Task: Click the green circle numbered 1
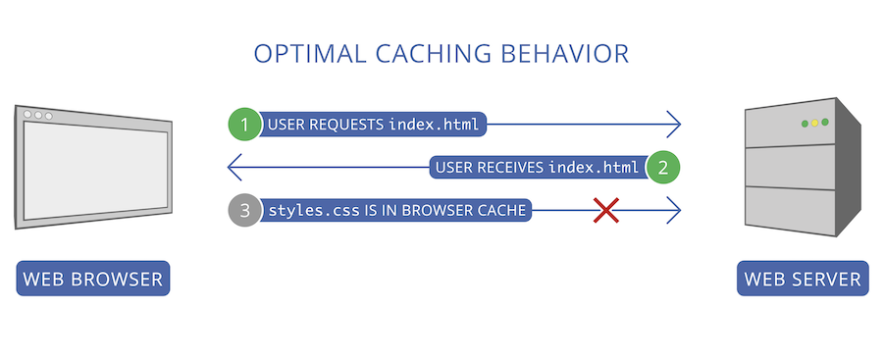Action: point(245,125)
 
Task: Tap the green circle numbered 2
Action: point(663,167)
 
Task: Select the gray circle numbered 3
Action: point(245,210)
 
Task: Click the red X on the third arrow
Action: point(606,210)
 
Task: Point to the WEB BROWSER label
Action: point(93,280)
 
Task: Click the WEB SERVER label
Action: point(803,280)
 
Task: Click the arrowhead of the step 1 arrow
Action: point(674,125)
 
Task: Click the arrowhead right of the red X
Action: point(674,210)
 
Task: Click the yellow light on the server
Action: point(814,123)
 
